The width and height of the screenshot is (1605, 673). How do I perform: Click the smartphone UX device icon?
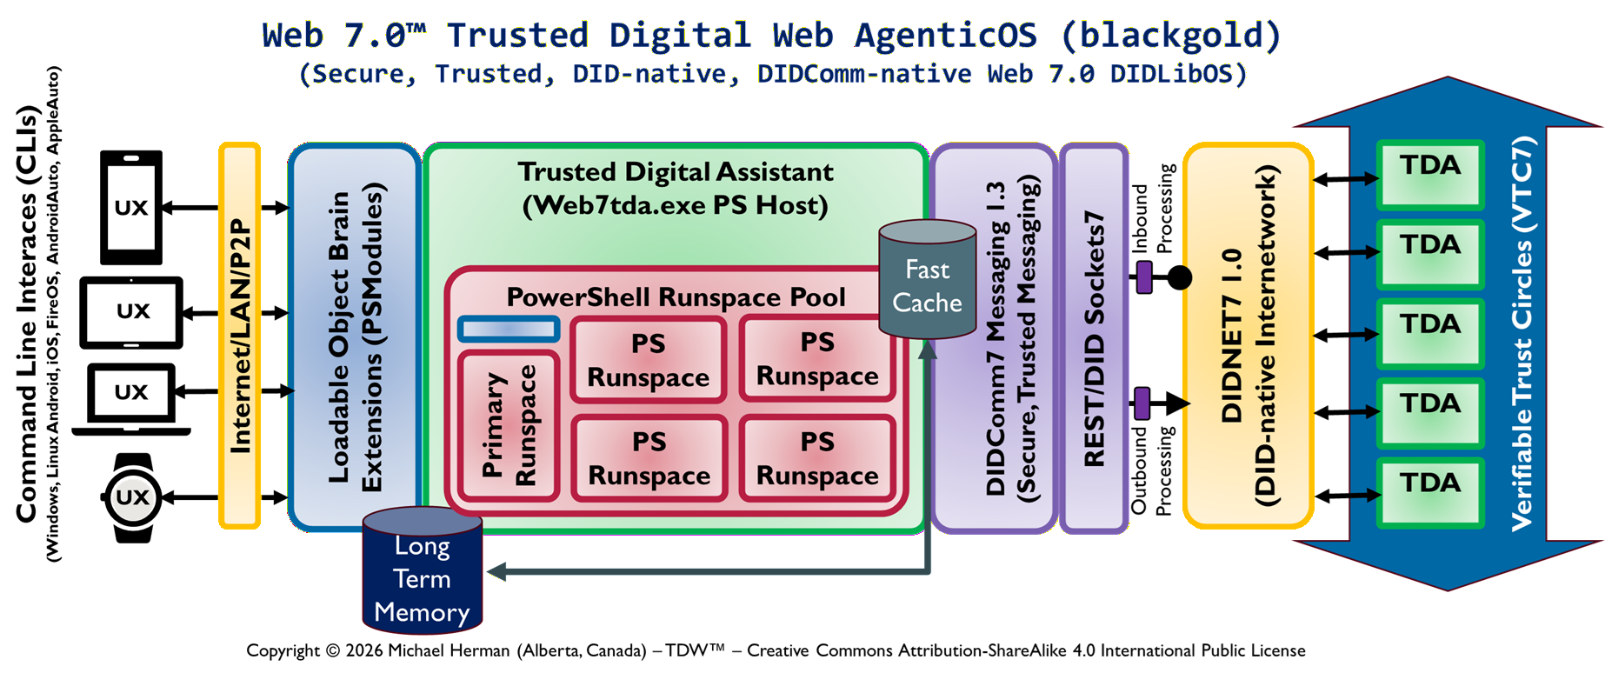pos(131,207)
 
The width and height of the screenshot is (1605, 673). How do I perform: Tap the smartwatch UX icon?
pos(132,497)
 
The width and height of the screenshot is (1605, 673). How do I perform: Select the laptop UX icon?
pos(131,396)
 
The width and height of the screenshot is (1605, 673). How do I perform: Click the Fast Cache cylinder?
pos(927,280)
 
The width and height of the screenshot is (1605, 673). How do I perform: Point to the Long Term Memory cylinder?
pos(422,574)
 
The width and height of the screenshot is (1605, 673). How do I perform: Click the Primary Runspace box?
pos(509,426)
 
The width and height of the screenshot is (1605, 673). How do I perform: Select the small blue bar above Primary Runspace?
pos(509,329)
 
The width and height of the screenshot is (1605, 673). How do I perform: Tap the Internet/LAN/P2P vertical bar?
pos(240,336)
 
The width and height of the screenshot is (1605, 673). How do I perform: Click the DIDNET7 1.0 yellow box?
pos(1248,336)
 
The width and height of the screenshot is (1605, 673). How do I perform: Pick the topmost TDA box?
pos(1430,175)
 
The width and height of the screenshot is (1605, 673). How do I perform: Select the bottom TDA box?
pos(1430,492)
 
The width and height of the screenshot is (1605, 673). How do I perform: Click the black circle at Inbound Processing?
pos(1179,277)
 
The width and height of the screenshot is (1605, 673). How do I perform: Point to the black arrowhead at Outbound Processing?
pos(1177,403)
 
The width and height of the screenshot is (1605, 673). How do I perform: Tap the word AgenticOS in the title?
pos(946,36)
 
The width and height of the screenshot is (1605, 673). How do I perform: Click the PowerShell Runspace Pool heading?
pos(676,297)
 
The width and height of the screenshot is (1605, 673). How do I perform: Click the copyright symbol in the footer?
pos(333,650)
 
